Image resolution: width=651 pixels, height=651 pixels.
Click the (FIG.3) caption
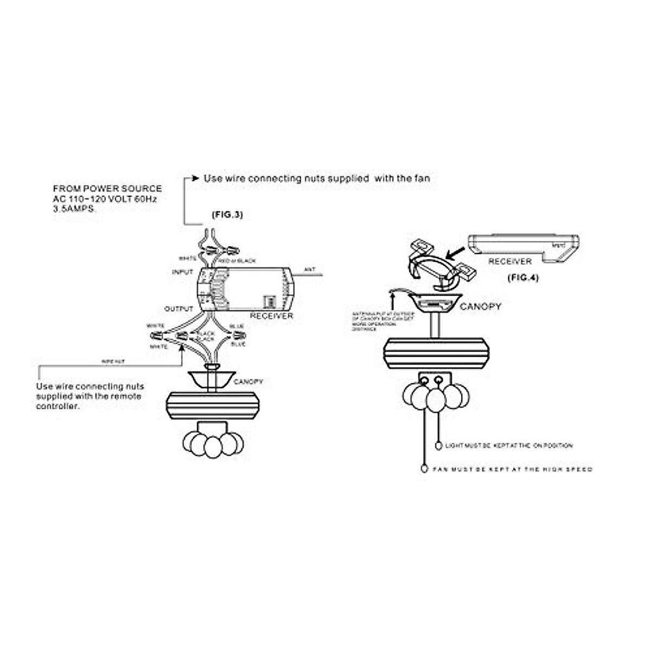click(x=227, y=215)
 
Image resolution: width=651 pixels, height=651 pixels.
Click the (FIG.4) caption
click(x=522, y=278)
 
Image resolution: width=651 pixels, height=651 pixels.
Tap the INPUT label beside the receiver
click(x=182, y=272)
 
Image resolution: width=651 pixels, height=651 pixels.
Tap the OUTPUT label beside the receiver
click(x=178, y=309)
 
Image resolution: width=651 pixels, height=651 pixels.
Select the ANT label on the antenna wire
click(x=310, y=269)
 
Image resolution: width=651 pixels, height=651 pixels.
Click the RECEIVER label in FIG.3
click(x=271, y=316)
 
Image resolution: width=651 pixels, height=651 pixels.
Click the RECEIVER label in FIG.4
click(x=510, y=261)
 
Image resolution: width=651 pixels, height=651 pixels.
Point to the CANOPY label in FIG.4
click(x=481, y=307)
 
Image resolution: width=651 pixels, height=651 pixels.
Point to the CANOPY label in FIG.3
click(x=248, y=382)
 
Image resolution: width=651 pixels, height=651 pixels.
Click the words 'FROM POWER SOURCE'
click(x=107, y=189)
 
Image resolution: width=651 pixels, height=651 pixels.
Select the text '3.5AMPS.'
click(x=75, y=209)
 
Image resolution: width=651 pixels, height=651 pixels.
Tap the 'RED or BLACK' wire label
click(x=239, y=261)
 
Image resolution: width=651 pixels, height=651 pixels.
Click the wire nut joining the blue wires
click(x=233, y=337)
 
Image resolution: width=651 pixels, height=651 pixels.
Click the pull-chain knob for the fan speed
click(x=424, y=469)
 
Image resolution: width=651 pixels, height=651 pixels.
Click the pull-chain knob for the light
click(x=439, y=445)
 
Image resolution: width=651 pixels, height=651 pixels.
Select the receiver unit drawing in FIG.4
click(x=524, y=246)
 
